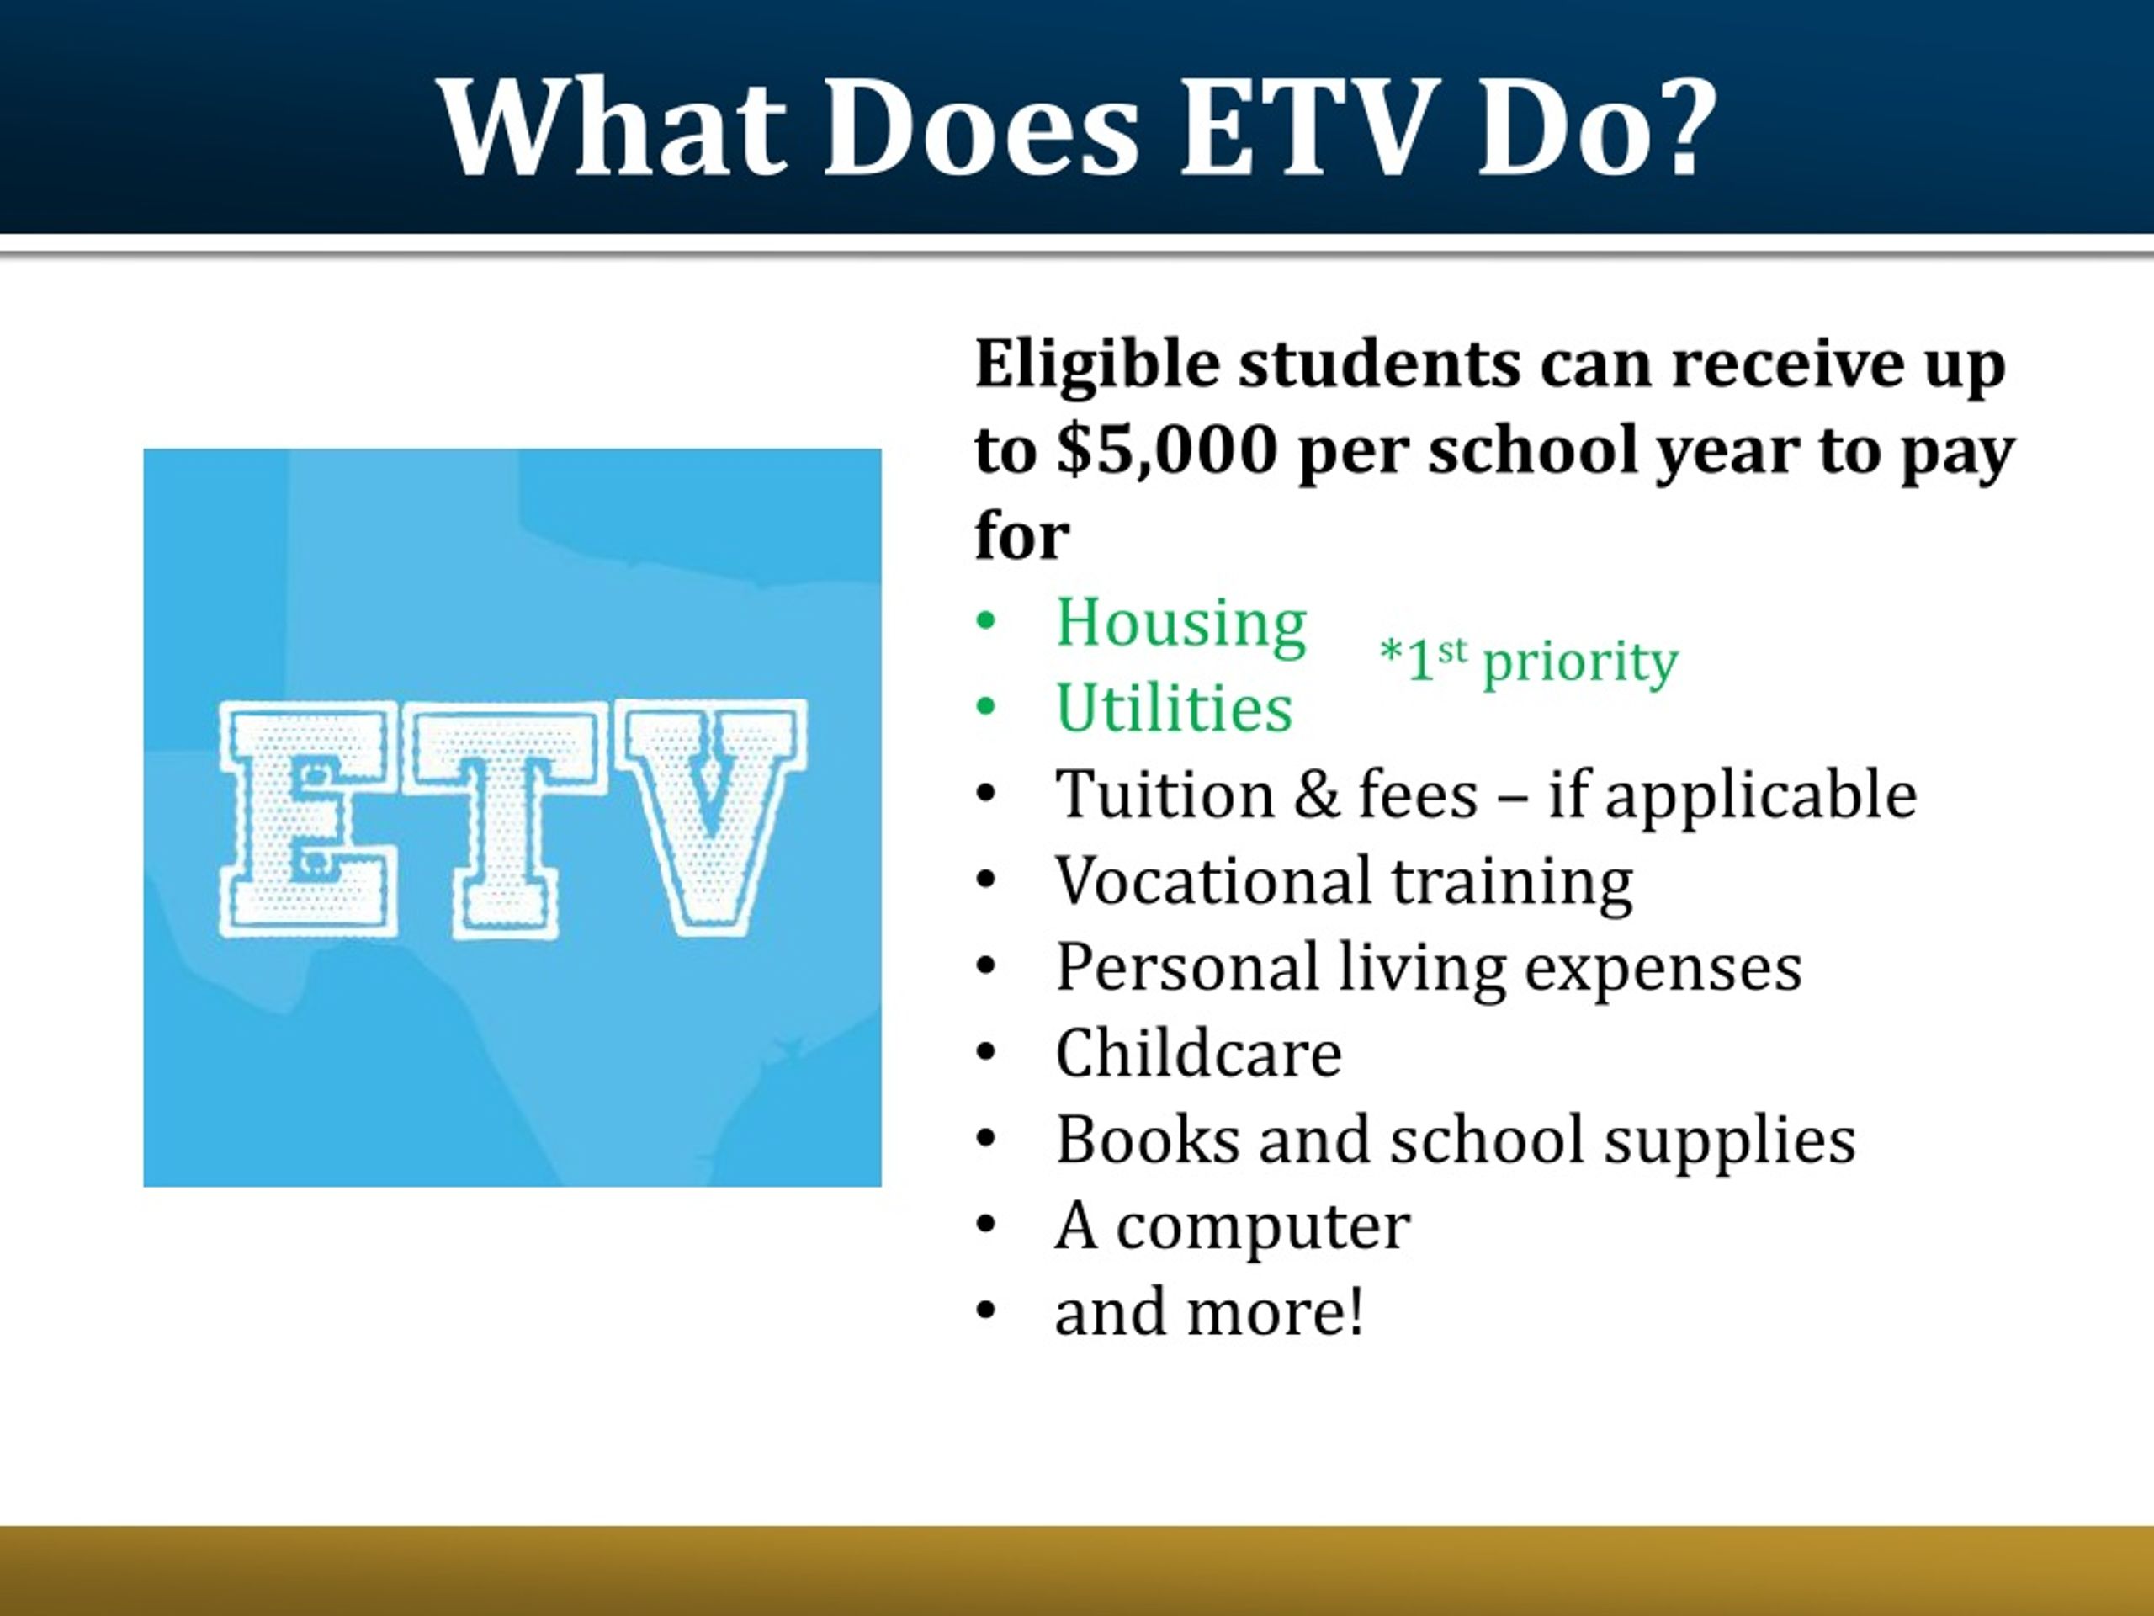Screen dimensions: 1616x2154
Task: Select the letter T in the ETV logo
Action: point(501,820)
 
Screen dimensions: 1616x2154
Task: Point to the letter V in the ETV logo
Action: point(714,813)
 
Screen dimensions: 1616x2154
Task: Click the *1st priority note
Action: point(1529,662)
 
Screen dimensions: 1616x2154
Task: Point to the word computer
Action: point(1262,1227)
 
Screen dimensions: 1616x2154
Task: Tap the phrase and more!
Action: point(1208,1312)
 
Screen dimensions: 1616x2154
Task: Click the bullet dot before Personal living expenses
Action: point(985,967)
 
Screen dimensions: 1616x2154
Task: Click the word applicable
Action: point(1760,797)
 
